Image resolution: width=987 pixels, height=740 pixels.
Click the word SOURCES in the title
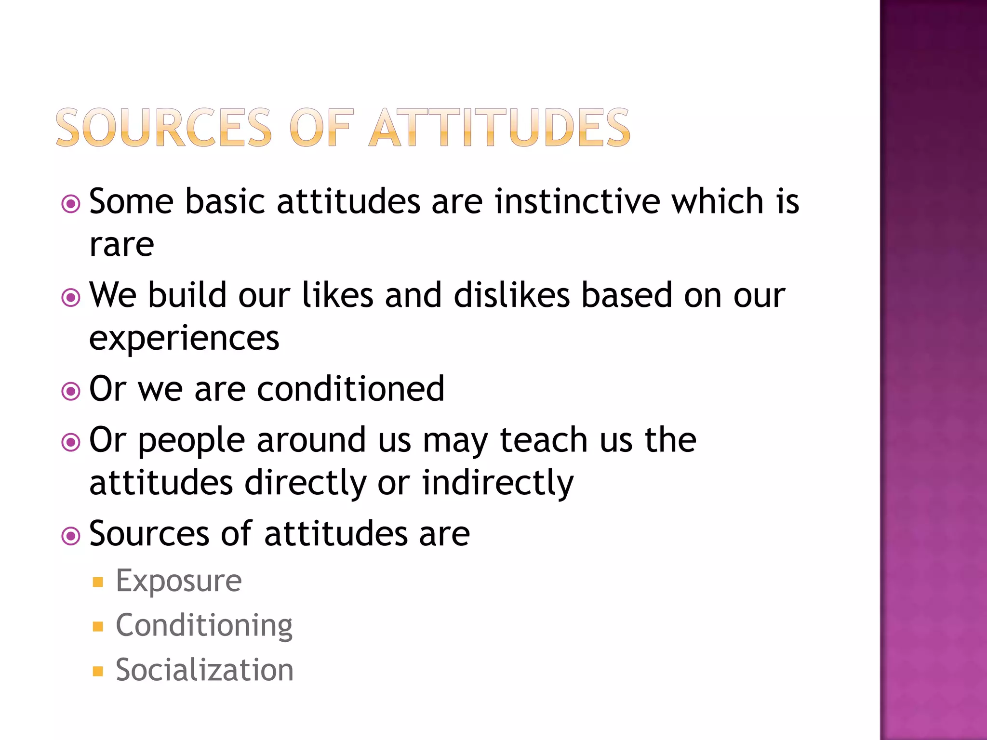(164, 128)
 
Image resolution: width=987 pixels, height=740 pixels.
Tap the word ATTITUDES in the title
(500, 128)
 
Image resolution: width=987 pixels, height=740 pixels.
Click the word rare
(121, 245)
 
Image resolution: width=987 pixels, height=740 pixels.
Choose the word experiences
(184, 338)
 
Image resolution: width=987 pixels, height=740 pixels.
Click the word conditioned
(350, 389)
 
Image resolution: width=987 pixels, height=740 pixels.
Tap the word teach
(544, 440)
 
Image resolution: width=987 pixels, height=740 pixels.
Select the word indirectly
(498, 483)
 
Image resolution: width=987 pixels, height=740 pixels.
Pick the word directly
(306, 483)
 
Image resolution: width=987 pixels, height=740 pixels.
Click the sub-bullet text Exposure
(179, 581)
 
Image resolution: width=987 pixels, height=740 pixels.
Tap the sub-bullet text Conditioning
(204, 626)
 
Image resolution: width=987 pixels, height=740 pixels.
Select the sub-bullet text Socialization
(204, 670)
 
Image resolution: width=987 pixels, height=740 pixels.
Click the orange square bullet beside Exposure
(98, 582)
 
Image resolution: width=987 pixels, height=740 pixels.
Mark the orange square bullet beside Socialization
(98, 671)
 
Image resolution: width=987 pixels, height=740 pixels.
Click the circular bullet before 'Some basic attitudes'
(71, 204)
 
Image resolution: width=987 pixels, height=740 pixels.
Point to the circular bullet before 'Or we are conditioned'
(71, 391)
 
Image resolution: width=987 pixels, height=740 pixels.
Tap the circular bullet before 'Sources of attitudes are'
(71, 536)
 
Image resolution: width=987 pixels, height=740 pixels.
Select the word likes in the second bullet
(337, 295)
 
